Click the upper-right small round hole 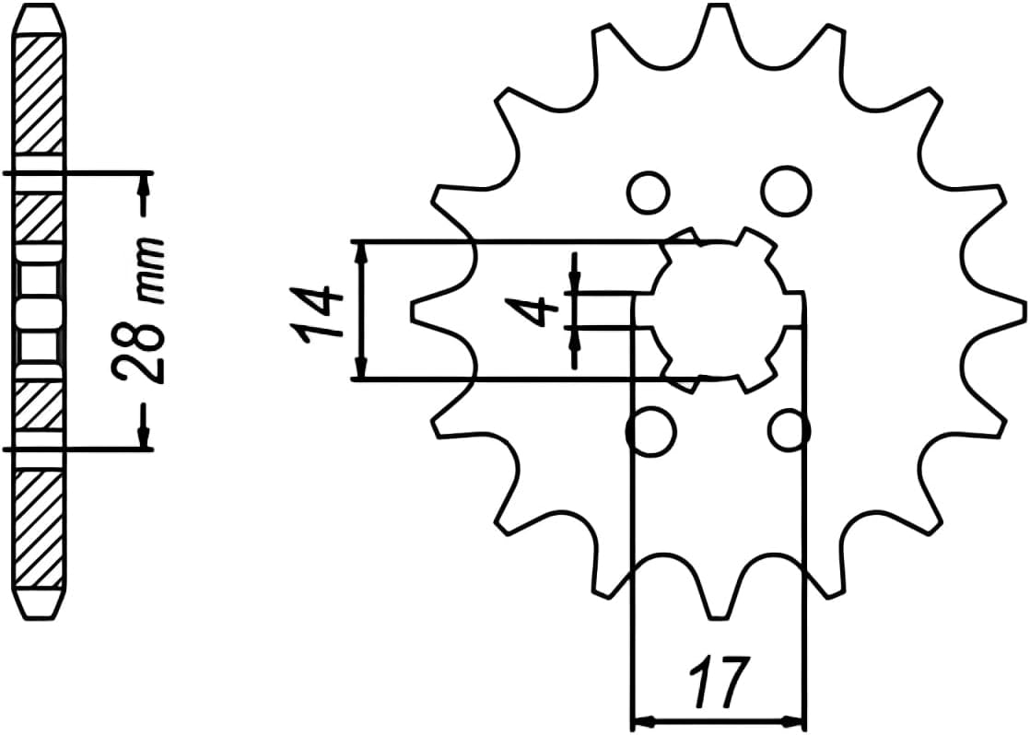point(786,189)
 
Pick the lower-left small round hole point(650,430)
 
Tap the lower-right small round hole point(789,429)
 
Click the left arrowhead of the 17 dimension point(642,718)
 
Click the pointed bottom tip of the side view point(41,614)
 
